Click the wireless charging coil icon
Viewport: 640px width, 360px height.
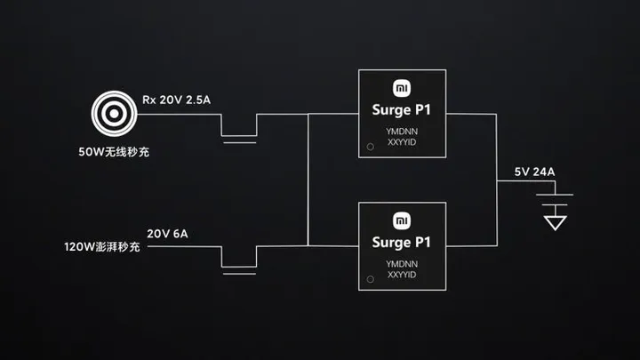point(112,115)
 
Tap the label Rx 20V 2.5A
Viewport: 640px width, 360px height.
point(176,100)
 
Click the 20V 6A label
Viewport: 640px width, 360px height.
point(168,234)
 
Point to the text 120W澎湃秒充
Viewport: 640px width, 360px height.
point(101,246)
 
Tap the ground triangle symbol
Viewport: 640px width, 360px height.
point(555,220)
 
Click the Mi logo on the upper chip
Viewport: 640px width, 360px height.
point(402,89)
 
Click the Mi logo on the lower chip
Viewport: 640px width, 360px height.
point(402,220)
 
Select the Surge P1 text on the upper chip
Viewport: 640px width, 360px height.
point(402,111)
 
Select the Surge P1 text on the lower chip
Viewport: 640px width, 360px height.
point(402,242)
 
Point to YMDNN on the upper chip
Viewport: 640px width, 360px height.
point(402,132)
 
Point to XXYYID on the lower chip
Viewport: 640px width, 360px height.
point(402,275)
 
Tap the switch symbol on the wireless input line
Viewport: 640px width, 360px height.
point(238,134)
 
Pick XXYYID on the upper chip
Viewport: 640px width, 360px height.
point(402,143)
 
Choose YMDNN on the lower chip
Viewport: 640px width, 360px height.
point(402,263)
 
